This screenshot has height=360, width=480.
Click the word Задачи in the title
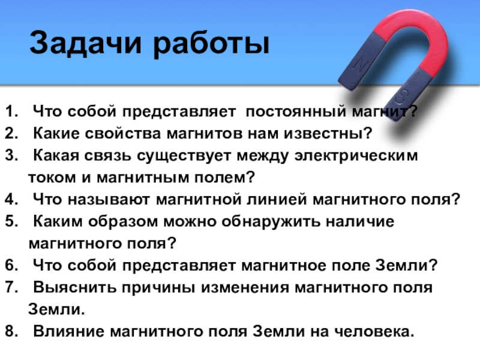[85, 43]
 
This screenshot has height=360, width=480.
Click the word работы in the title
[211, 44]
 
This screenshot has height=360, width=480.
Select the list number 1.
[11, 111]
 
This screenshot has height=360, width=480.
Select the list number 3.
[11, 155]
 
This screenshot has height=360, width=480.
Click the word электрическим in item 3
[356, 156]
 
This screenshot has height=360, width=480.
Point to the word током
[52, 178]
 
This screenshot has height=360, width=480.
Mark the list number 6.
[11, 265]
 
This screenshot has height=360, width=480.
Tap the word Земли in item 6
[403, 265]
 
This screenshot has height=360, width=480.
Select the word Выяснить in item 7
[74, 287]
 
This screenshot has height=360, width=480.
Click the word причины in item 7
[158, 288]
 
